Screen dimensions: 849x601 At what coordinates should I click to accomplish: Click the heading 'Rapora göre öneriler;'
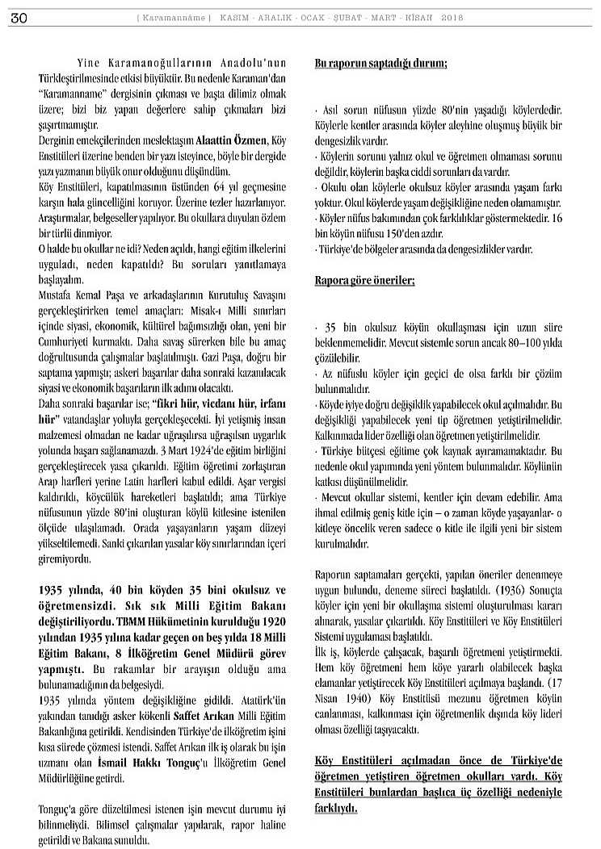[x=364, y=281]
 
